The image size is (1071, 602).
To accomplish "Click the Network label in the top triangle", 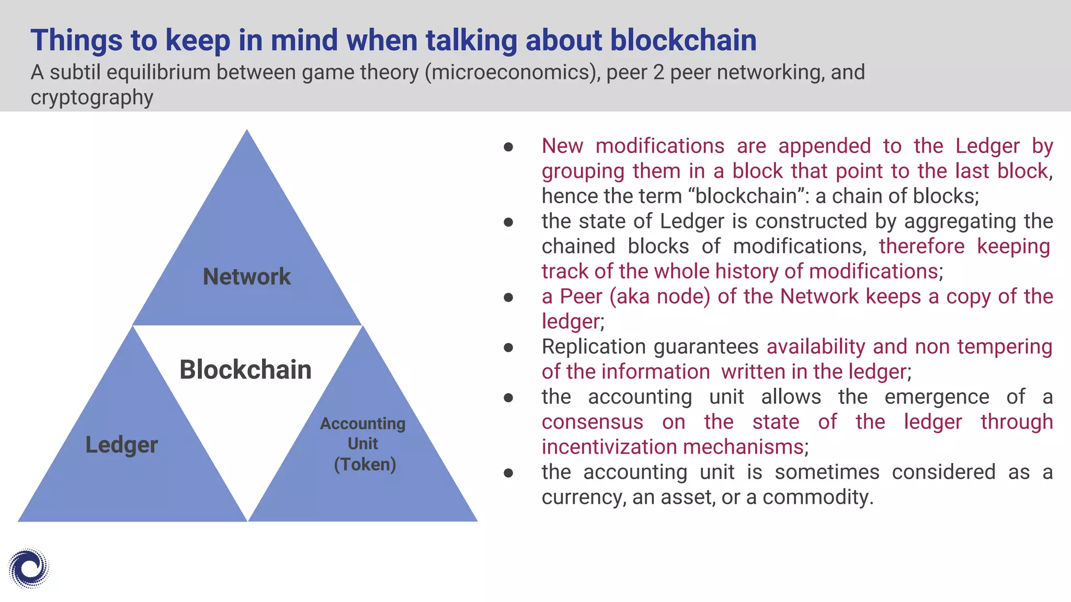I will pos(246,276).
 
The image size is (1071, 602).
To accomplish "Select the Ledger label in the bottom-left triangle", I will pos(121,445).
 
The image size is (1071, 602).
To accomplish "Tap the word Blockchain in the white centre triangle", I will pos(245,369).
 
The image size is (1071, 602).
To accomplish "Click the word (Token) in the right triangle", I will pos(364,464).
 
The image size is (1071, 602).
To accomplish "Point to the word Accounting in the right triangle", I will pos(362,423).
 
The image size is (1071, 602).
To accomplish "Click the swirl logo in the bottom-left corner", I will pos(29,569).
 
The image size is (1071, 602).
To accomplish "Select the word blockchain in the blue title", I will pos(683,40).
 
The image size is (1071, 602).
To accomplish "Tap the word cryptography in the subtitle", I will pos(92,97).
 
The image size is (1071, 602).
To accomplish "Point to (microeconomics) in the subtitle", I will pos(512,72).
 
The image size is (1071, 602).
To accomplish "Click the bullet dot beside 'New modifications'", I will pos(508,147).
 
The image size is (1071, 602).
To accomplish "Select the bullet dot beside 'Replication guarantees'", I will pos(508,348).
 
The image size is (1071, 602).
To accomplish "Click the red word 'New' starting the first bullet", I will pos(562,146).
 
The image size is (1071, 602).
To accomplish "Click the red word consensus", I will pos(592,422).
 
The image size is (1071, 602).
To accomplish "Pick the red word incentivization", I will pos(609,447).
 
